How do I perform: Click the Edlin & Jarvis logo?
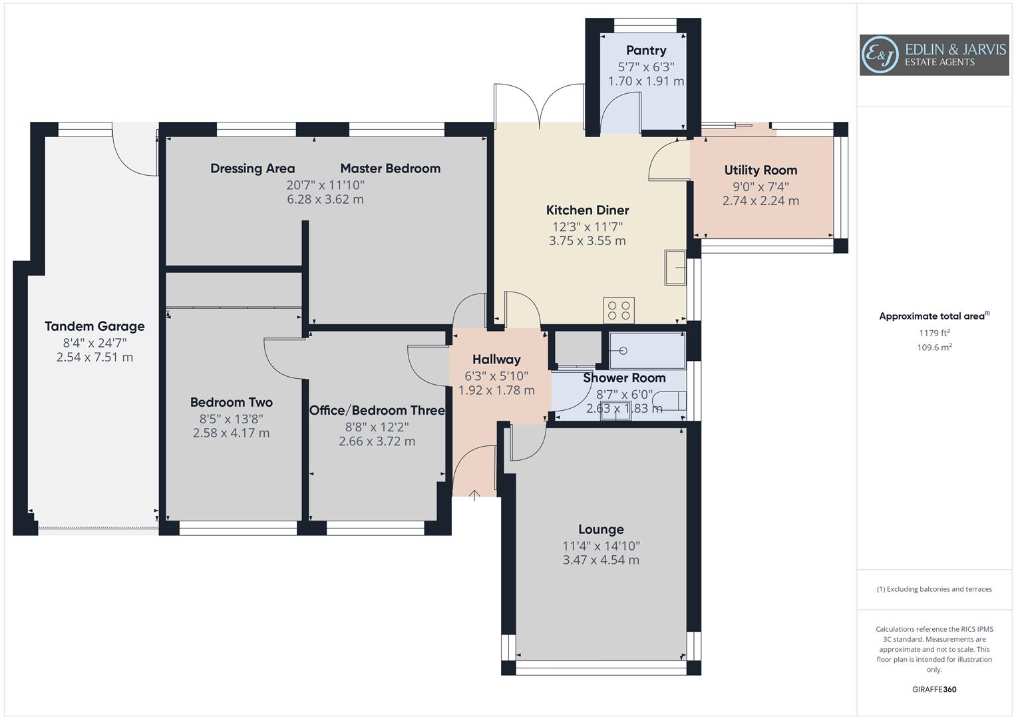[x=933, y=55]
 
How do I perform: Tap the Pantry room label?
[x=645, y=51]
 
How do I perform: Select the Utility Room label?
[x=761, y=170]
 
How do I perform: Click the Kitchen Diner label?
[x=588, y=210]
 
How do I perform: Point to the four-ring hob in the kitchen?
[x=619, y=310]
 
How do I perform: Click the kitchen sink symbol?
[x=675, y=268]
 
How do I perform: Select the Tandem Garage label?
[x=94, y=326]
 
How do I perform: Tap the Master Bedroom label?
[x=390, y=168]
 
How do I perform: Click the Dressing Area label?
[x=252, y=168]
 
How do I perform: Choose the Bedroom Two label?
[x=231, y=402]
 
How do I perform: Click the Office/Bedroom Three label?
[x=377, y=410]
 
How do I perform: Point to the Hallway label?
[x=496, y=359]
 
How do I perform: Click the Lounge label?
[x=601, y=529]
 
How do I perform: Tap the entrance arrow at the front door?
[x=474, y=495]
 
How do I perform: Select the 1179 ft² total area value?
[x=934, y=333]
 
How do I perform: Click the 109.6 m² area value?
[x=934, y=347]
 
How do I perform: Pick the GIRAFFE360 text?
[x=934, y=689]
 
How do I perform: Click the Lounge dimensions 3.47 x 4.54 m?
[x=601, y=560]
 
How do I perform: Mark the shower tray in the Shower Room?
[x=647, y=351]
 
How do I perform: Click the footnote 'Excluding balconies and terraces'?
[x=934, y=589]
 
